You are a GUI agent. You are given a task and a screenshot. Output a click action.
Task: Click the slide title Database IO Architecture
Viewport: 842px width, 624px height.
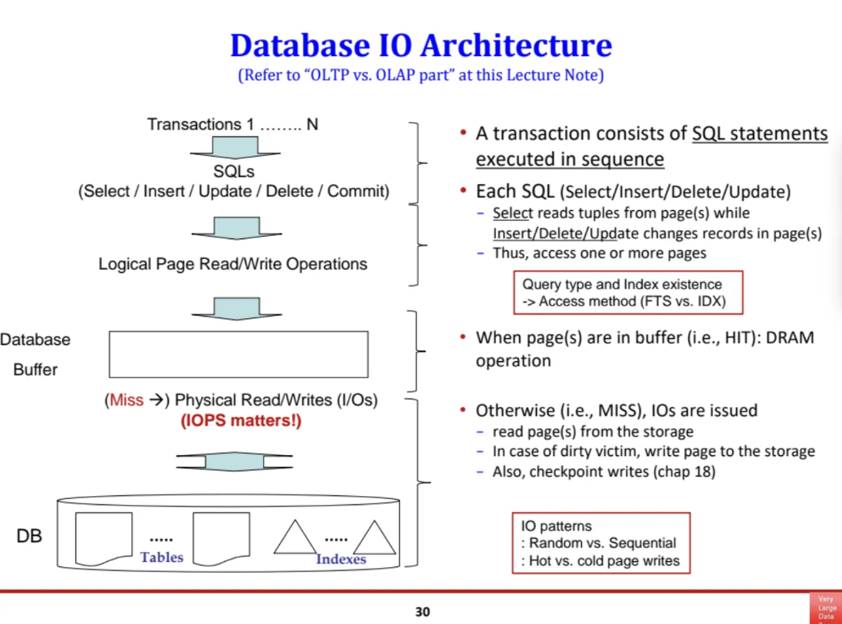421,45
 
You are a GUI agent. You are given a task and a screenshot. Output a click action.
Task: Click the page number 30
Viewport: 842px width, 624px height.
422,612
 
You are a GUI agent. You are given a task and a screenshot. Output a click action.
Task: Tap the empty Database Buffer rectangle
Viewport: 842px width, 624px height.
238,354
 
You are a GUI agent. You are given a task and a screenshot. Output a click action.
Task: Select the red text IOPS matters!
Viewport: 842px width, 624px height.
241,421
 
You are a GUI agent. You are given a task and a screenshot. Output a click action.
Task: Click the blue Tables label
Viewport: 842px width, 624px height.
162,557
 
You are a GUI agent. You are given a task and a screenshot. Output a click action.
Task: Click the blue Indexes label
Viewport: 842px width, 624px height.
341,559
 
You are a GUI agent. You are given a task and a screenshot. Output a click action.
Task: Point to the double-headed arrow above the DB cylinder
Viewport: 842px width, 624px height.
234,461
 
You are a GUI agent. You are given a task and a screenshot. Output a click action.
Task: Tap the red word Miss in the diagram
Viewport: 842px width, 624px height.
126,400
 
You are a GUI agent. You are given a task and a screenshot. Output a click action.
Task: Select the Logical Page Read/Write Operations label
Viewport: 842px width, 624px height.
232,264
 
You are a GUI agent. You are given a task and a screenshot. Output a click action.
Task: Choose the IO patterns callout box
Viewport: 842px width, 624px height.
601,543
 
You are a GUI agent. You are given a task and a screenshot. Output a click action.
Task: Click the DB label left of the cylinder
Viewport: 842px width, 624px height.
29,536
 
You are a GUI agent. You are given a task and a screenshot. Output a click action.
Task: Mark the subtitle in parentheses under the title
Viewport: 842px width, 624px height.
421,77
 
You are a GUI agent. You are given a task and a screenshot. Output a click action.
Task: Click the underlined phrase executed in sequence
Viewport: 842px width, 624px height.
570,159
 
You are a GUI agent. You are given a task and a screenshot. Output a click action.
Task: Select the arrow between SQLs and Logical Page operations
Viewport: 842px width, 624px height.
235,228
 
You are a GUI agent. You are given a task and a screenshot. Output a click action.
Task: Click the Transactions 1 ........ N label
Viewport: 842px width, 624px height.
232,124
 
